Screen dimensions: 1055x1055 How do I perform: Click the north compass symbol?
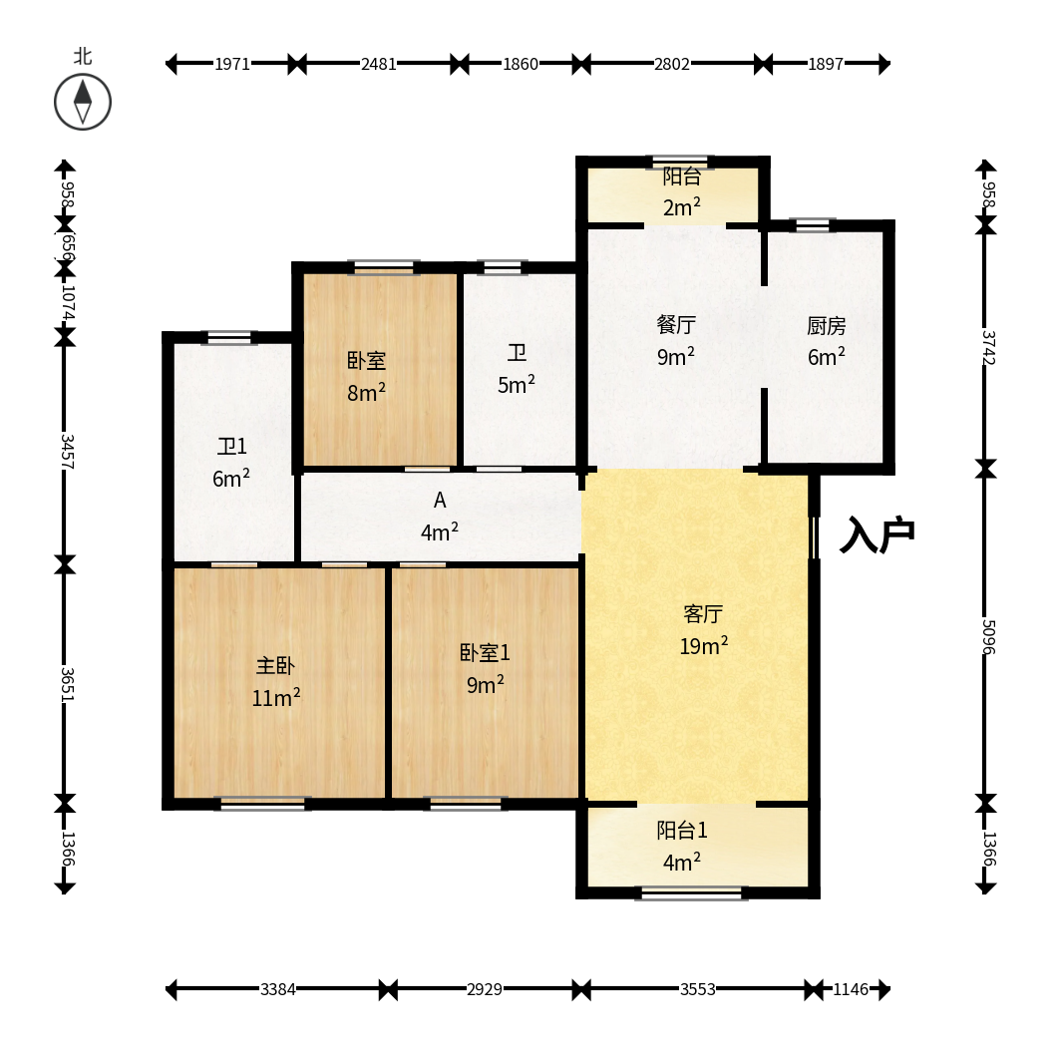83,103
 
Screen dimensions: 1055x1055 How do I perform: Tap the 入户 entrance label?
878,534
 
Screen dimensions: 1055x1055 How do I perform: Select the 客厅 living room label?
703,613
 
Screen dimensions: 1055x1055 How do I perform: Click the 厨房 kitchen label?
827,326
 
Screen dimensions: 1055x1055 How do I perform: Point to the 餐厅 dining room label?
676,324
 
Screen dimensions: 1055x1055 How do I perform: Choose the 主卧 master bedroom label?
275,665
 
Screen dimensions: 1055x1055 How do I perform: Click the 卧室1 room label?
485,652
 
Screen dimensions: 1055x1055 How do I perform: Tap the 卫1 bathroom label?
231,446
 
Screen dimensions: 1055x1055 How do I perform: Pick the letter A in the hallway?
440,500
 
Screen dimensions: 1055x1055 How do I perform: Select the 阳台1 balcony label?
682,830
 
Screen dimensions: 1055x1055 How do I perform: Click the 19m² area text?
703,646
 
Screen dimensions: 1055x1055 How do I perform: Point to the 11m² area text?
276,698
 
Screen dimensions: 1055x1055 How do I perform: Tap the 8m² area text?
366,392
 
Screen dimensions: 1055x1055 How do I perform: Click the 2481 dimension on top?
378,64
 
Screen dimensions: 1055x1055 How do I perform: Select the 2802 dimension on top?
671,64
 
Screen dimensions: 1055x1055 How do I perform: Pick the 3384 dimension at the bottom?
278,989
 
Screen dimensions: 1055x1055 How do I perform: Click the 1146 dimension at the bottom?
851,989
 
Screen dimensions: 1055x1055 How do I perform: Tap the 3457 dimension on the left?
66,451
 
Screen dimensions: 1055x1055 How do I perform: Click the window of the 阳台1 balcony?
691,893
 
